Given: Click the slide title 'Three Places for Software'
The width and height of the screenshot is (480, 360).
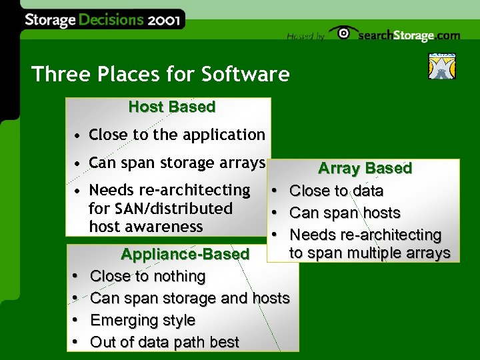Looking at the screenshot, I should pyautogui.click(x=160, y=74).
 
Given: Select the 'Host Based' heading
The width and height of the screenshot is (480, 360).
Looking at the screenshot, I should pyautogui.click(x=171, y=107).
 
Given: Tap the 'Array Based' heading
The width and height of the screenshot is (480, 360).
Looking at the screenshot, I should pyautogui.click(x=365, y=169).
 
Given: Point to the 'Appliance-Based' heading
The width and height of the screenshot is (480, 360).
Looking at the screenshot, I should pyautogui.click(x=185, y=254).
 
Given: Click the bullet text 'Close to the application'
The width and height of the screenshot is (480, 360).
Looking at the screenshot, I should pyautogui.click(x=177, y=135).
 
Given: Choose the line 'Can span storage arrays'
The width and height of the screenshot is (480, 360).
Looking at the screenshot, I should pyautogui.click(x=177, y=163).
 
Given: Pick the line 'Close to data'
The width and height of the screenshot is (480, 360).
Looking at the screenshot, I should pyautogui.click(x=337, y=191).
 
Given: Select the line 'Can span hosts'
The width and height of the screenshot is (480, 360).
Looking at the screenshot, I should pyautogui.click(x=345, y=213).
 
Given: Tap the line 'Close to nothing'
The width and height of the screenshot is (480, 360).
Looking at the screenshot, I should pyautogui.click(x=147, y=276).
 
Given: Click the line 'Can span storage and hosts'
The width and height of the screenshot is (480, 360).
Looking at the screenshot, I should pyautogui.click(x=190, y=298).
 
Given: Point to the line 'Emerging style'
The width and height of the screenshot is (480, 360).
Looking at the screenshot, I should pyautogui.click(x=143, y=320).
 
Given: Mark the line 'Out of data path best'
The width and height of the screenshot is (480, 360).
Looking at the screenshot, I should pyautogui.click(x=164, y=342).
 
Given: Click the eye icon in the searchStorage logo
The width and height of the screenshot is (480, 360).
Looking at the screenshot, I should pyautogui.click(x=343, y=34).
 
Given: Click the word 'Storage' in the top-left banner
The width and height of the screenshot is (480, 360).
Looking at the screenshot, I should pyautogui.click(x=50, y=20).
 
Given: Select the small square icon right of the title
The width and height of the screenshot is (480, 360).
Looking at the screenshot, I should pyautogui.click(x=441, y=66).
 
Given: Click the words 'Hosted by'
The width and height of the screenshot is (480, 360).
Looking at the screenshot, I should pyautogui.click(x=305, y=37).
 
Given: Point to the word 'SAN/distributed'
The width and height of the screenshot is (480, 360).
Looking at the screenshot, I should pyautogui.click(x=160, y=209).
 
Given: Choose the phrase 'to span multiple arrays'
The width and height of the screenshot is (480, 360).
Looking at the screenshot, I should pyautogui.click(x=370, y=253).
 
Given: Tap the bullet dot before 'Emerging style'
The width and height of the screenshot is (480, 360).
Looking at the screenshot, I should pyautogui.click(x=76, y=321).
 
